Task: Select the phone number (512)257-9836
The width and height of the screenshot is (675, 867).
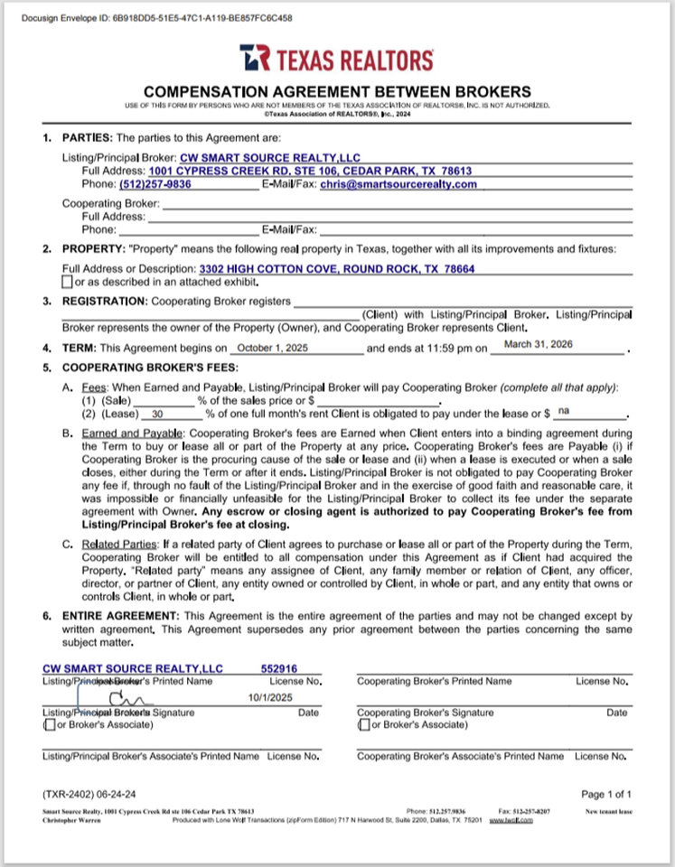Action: pyautogui.click(x=155, y=184)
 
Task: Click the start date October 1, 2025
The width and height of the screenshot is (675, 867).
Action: pyautogui.click(x=271, y=348)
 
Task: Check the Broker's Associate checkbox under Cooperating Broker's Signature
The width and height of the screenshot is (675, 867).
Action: pyautogui.click(x=362, y=724)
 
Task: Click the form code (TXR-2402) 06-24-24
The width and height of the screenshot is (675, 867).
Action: pyautogui.click(x=89, y=794)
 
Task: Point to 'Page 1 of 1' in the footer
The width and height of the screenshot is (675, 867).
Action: pyautogui.click(x=606, y=794)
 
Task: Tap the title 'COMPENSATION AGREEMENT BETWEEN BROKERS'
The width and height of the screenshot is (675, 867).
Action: pyautogui.click(x=337, y=91)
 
